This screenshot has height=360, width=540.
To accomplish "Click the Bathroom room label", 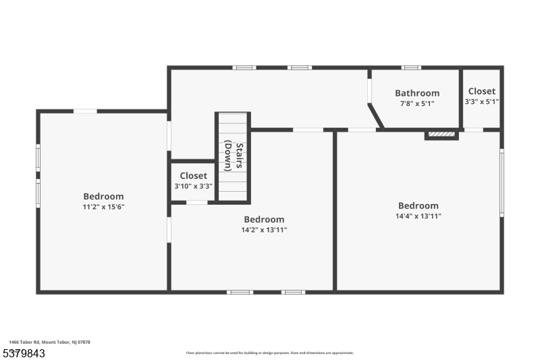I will pyautogui.click(x=417, y=93).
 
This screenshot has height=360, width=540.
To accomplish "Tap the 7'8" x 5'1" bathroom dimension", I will pyautogui.click(x=417, y=103).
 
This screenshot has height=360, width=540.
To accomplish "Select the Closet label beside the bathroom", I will pyautogui.click(x=481, y=91).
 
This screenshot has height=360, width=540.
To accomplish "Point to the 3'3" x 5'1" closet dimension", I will pyautogui.click(x=481, y=101).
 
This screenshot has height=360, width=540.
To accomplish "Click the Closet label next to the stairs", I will pyautogui.click(x=193, y=176).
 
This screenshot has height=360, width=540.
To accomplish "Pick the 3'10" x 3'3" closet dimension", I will pyautogui.click(x=193, y=186).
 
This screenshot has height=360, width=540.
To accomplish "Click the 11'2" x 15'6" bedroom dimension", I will pyautogui.click(x=103, y=207).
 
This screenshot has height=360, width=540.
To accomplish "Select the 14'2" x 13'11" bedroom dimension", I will pyautogui.click(x=264, y=230).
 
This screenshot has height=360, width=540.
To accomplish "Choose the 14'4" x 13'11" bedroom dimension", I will pyautogui.click(x=418, y=216).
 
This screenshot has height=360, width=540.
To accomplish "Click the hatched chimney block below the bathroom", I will pyautogui.click(x=442, y=134).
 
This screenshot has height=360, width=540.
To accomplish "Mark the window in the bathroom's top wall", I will pyautogui.click(x=411, y=68).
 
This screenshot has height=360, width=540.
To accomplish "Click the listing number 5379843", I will pyautogui.click(x=24, y=353).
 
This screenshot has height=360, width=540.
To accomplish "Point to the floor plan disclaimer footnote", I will pyautogui.click(x=269, y=353).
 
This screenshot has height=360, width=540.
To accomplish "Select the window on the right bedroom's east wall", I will pyautogui.click(x=501, y=182).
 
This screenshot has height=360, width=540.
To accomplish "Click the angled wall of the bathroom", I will pyautogui.click(x=375, y=115).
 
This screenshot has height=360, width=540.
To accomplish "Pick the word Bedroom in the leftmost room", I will pyautogui.click(x=103, y=197).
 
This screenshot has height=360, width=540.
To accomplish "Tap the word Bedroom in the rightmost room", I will pyautogui.click(x=418, y=206).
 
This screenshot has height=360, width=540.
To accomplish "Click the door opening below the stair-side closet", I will pyautogui.click(x=196, y=202).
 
